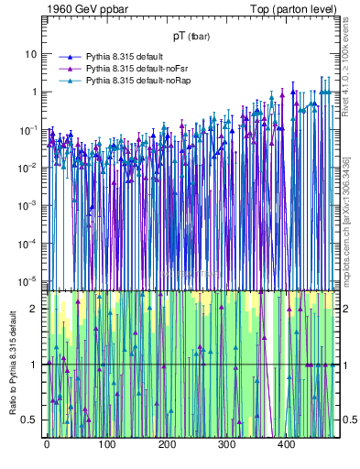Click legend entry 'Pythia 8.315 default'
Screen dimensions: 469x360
pyautogui.click(x=128, y=57)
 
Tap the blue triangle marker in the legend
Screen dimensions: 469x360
pyautogui.click(x=68, y=57)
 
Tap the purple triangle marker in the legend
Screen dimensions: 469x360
pyautogui.click(x=68, y=69)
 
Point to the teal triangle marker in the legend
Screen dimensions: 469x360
pyautogui.click(x=68, y=81)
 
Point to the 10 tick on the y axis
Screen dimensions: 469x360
pyautogui.click(x=31, y=53)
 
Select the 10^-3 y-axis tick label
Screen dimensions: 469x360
pyautogui.click(x=28, y=203)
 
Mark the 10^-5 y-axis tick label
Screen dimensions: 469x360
pyautogui.click(x=28, y=279)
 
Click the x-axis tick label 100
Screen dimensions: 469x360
pyautogui.click(x=106, y=445)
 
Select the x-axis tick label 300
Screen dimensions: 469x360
pyautogui.click(x=226, y=445)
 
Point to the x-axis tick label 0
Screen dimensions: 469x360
pyautogui.click(x=47, y=445)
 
